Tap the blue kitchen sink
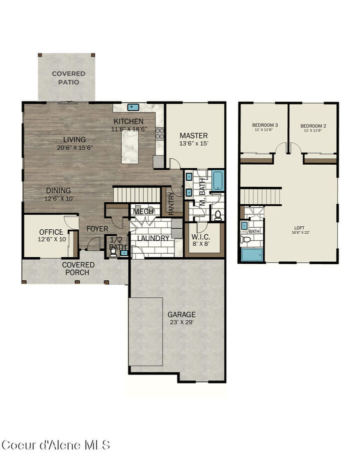(x=132, y=107)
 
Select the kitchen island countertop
(x=129, y=145)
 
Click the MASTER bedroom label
(x=193, y=136)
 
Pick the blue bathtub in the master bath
(x=218, y=181)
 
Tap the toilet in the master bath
(x=218, y=215)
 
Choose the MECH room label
(x=143, y=211)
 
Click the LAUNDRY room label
(x=153, y=238)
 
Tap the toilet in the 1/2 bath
(x=113, y=253)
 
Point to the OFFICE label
(x=51, y=232)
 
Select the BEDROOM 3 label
(x=264, y=125)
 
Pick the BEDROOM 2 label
(x=313, y=125)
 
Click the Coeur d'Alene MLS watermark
(x=55, y=444)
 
